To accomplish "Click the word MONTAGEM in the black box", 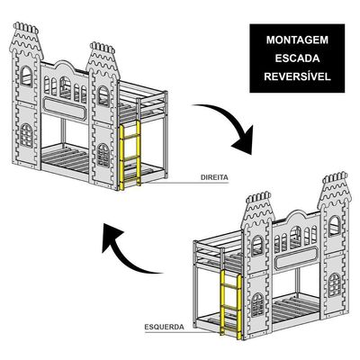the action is click(x=297, y=40).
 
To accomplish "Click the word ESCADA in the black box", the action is click(x=297, y=58).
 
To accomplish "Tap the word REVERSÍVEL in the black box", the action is click(x=297, y=76).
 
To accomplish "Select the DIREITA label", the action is click(x=214, y=177).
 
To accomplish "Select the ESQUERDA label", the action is click(x=165, y=327).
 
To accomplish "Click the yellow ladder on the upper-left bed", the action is click(x=130, y=155).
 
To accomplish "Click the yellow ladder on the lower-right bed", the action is click(x=231, y=304).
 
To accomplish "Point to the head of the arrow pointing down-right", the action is click(x=244, y=141).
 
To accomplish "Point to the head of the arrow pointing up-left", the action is click(x=112, y=237).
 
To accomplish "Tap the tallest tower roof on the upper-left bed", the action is click(x=26, y=40).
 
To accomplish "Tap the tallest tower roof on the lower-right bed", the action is click(x=335, y=190).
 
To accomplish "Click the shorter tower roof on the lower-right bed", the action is click(x=258, y=211).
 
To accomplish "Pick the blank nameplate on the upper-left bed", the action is click(x=65, y=108).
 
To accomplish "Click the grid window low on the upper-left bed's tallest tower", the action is click(x=26, y=136).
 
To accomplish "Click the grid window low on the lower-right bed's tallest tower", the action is click(x=335, y=285).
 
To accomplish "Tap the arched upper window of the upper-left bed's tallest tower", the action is click(x=26, y=76).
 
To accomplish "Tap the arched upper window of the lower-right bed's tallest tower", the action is click(x=335, y=226).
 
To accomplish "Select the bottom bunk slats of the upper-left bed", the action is click(x=66, y=158).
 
